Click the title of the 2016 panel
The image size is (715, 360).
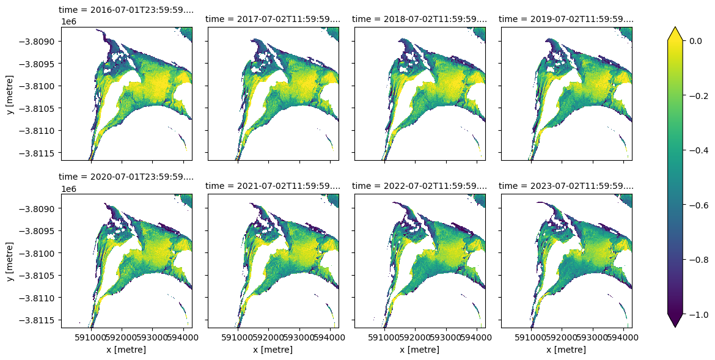point(126,10)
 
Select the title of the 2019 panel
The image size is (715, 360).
point(566,19)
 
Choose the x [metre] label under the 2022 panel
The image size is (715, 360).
point(419,350)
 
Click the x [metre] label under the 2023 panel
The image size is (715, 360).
point(566,350)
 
